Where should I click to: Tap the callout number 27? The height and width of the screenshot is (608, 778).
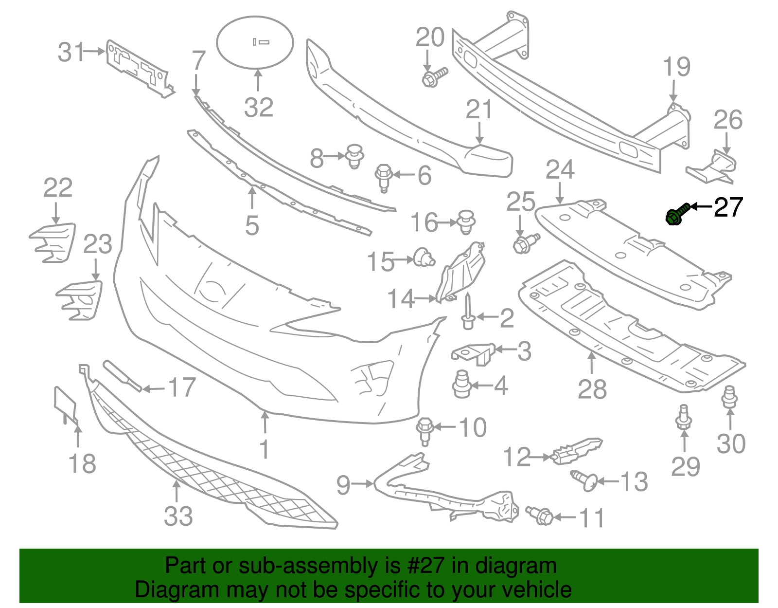(728, 207)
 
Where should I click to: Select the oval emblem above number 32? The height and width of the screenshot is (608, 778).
(255, 42)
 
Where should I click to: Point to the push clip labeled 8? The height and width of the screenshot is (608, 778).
(354, 156)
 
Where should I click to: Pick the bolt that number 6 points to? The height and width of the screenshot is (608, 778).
(384, 179)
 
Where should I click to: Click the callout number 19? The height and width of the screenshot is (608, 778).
(676, 67)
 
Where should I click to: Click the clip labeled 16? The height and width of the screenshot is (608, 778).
(466, 222)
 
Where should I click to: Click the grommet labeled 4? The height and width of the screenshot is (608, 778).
(462, 384)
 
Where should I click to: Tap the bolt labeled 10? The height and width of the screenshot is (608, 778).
(425, 431)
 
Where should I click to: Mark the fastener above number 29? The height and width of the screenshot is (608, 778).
(684, 417)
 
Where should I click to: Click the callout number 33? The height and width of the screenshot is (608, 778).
(178, 516)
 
